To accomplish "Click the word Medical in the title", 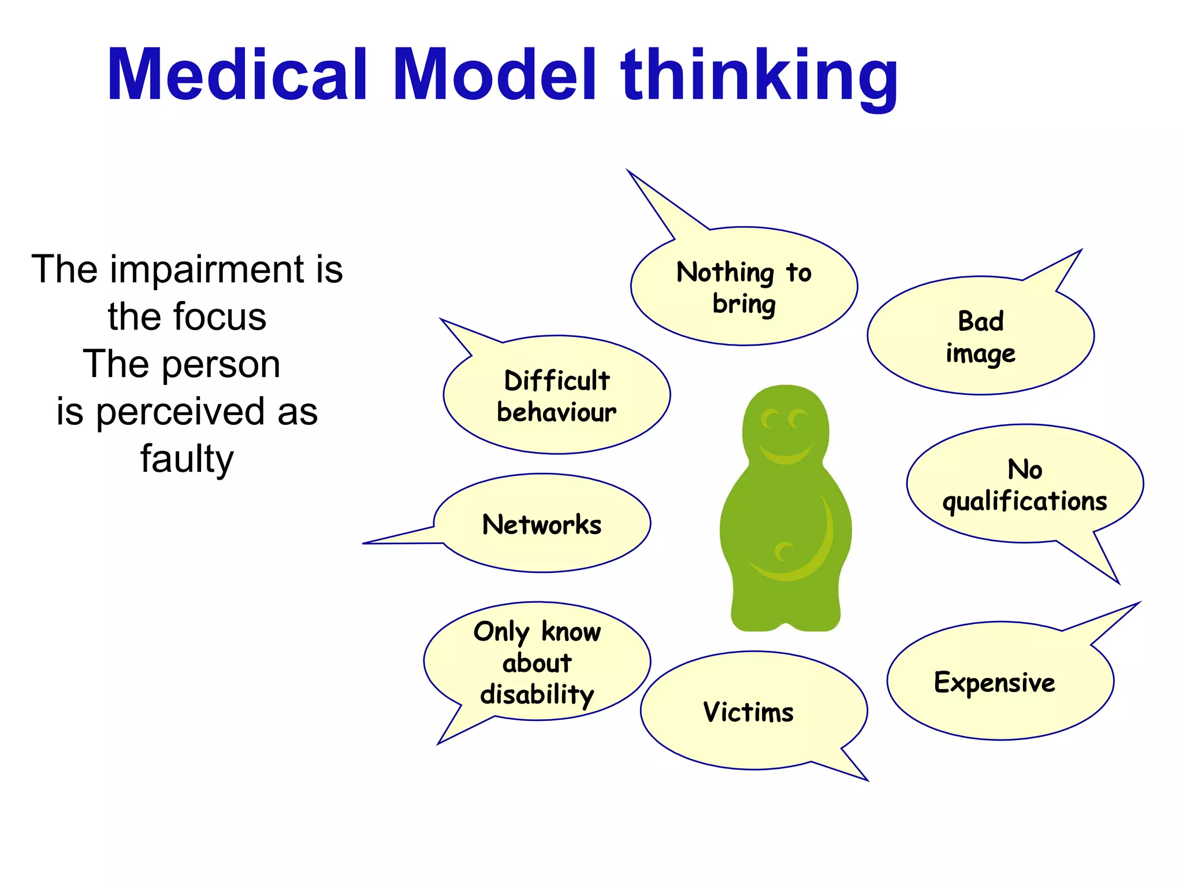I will (237, 75).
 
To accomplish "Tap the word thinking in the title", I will (759, 75).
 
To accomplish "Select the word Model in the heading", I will (494, 75).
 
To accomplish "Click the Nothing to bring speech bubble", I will (743, 287).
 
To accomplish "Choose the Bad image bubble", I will (980, 336).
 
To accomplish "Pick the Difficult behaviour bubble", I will (556, 395).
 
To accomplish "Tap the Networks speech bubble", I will (541, 524).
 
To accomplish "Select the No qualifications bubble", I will (1024, 484).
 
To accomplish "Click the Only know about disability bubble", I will (537, 662).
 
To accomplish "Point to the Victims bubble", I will (748, 712).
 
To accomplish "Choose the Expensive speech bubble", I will (995, 682).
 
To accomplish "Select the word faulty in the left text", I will (187, 460).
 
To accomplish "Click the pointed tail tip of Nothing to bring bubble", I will (628, 172).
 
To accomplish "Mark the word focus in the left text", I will (219, 317).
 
